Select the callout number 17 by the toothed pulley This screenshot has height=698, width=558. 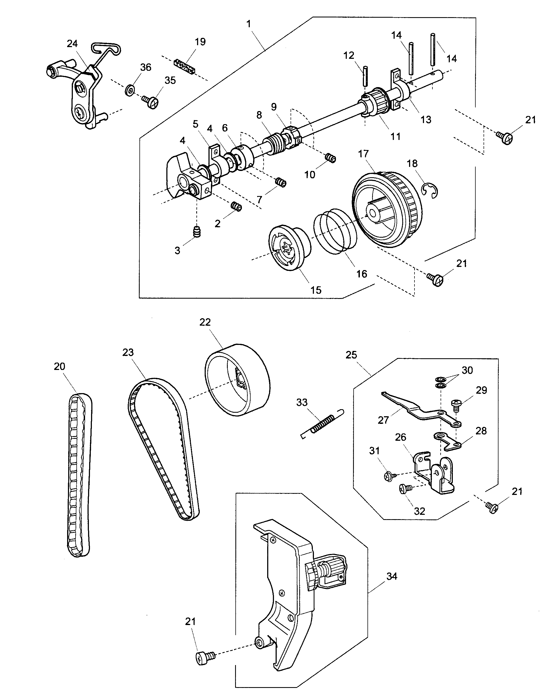[x=363, y=154]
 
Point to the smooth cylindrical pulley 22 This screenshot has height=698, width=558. [x=238, y=380]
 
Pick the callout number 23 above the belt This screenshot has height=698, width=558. [x=128, y=353]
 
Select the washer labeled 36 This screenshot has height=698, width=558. [x=130, y=90]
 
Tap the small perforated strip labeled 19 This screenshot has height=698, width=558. [x=186, y=66]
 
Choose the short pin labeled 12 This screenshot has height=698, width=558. [x=365, y=76]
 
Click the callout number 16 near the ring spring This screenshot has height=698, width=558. [x=361, y=274]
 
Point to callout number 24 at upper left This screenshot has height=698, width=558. [x=72, y=44]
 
